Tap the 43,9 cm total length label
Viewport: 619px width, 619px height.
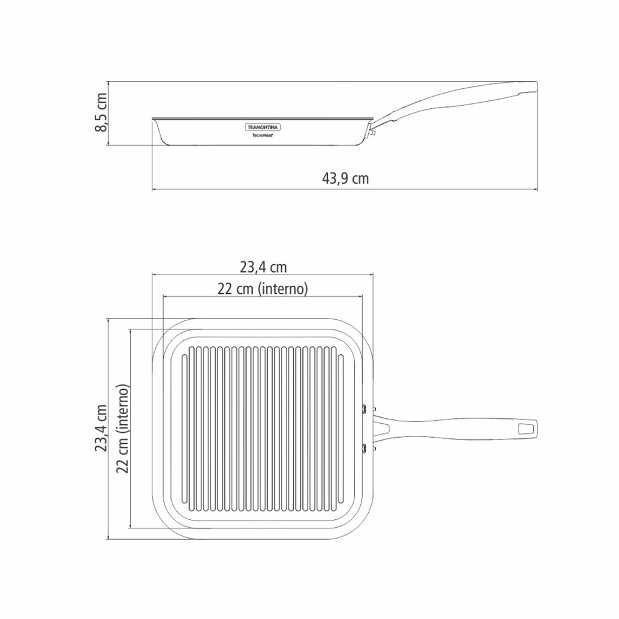(345, 179)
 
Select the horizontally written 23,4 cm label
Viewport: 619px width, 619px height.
(263, 267)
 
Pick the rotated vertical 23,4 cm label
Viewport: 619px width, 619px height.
(102, 428)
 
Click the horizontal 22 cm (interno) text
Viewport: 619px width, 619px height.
(263, 289)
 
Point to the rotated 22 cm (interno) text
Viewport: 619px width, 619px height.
(123, 428)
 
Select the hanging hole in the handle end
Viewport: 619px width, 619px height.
(527, 429)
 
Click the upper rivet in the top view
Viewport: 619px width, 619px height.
(367, 409)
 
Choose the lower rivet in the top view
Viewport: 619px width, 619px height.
(367, 447)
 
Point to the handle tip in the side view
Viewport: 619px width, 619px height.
(532, 86)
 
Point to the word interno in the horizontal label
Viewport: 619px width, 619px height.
(284, 289)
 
